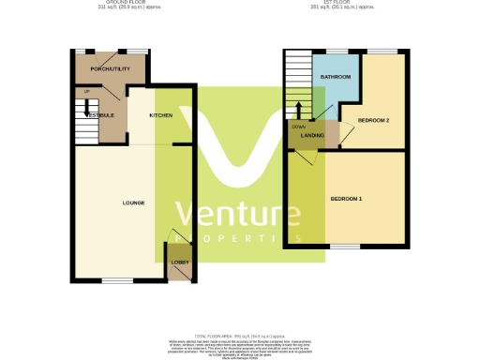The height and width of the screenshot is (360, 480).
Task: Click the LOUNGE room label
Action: (x=132, y=202)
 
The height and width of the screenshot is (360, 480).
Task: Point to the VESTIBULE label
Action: (x=98, y=114)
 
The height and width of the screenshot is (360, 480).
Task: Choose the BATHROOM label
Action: (x=336, y=76)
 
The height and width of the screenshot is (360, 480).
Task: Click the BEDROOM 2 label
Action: (x=374, y=121)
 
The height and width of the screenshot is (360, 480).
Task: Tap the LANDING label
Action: (x=312, y=137)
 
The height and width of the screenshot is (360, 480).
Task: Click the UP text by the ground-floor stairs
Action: (x=86, y=91)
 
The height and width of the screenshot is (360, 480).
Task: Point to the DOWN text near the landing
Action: (x=298, y=126)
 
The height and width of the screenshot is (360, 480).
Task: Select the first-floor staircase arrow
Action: (x=300, y=107)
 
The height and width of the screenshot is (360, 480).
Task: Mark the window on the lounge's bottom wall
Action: (x=116, y=280)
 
